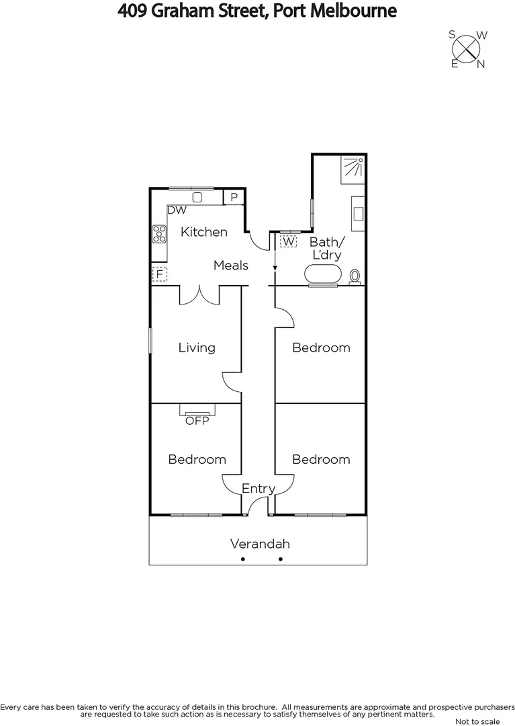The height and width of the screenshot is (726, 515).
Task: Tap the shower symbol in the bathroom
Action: (353, 167)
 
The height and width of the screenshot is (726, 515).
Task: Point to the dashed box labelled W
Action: (289, 241)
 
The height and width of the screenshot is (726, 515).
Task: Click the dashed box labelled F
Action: (159, 274)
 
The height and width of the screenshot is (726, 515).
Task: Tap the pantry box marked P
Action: (233, 197)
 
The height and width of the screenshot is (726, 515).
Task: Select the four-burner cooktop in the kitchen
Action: (160, 234)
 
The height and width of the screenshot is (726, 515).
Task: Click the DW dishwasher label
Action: (177, 210)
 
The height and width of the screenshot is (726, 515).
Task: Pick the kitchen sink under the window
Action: (197, 197)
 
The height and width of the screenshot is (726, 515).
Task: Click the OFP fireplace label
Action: (197, 421)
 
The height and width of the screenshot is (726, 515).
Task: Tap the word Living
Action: (197, 348)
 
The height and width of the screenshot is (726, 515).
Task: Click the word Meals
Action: (230, 266)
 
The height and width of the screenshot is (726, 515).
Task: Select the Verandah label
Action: (260, 544)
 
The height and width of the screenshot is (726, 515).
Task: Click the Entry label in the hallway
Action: (259, 489)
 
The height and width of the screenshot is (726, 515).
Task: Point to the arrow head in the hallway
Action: (275, 269)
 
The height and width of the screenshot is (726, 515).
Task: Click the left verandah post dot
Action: (243, 559)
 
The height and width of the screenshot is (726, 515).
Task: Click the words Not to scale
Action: (477, 721)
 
